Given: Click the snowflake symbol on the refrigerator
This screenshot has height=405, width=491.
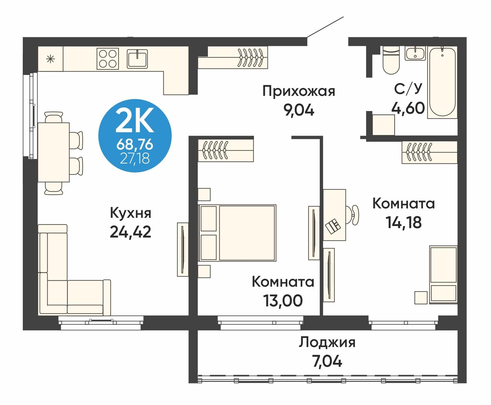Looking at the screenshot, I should (50, 59).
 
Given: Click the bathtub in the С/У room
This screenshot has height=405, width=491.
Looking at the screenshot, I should (442, 82).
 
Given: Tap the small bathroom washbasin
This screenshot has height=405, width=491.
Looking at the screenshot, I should (416, 53).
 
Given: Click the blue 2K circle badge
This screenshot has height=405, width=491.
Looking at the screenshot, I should (135, 136).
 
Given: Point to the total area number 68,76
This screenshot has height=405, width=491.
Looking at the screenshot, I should (135, 145).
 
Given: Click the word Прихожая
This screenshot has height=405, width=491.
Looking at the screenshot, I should (299, 91).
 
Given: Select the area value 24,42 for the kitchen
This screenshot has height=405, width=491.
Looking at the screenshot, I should (130, 232).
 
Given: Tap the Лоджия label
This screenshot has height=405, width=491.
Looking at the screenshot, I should (327, 342).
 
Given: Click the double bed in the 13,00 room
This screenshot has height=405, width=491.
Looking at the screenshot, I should (237, 233).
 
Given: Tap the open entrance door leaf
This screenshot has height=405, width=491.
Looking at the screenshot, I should (325, 27).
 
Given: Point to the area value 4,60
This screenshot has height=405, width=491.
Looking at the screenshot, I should (408, 108).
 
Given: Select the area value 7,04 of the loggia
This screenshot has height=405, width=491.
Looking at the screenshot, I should (327, 361).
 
